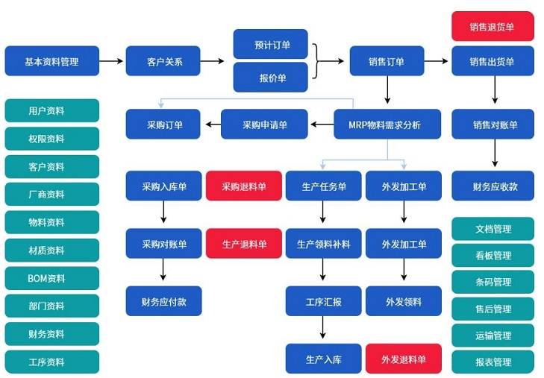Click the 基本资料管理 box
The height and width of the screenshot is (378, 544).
[51, 61]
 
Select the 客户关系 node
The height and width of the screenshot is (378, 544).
[163, 61]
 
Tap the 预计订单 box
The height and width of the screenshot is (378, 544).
[270, 44]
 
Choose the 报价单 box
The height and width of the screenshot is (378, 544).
[270, 77]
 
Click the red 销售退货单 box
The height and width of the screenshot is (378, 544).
[493, 26]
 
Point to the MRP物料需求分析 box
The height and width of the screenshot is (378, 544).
[387, 125]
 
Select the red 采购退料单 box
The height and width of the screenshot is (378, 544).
[243, 186]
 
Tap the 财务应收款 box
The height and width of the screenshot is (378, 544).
[493, 186]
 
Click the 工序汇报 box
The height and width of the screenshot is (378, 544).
[323, 301]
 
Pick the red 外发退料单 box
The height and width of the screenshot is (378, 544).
[403, 359]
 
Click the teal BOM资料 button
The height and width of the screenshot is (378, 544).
[51, 278]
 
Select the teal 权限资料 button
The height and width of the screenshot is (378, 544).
[51, 139]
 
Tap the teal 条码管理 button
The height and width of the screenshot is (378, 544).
[493, 282]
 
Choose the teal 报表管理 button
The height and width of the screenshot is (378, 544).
[493, 362]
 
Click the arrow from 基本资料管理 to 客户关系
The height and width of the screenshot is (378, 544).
[111, 61]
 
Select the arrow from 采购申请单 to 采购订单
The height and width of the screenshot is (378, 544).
[211, 125]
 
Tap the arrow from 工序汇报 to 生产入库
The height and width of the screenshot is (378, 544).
[323, 329]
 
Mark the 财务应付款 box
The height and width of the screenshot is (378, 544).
[163, 301]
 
